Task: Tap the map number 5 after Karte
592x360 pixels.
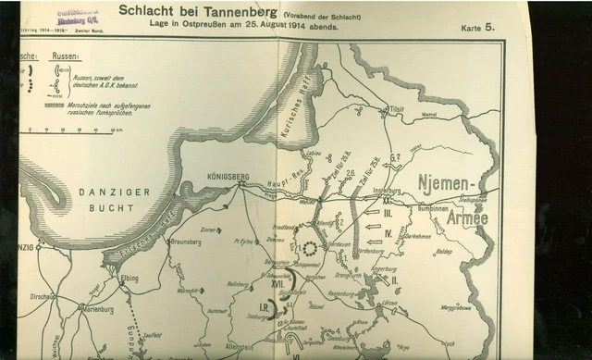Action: [489, 27]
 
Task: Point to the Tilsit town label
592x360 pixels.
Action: [398, 107]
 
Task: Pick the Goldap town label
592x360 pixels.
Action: [444, 250]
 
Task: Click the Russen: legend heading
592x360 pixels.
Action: [65, 56]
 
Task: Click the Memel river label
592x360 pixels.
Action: [428, 115]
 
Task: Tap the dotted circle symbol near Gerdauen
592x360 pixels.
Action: [308, 248]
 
